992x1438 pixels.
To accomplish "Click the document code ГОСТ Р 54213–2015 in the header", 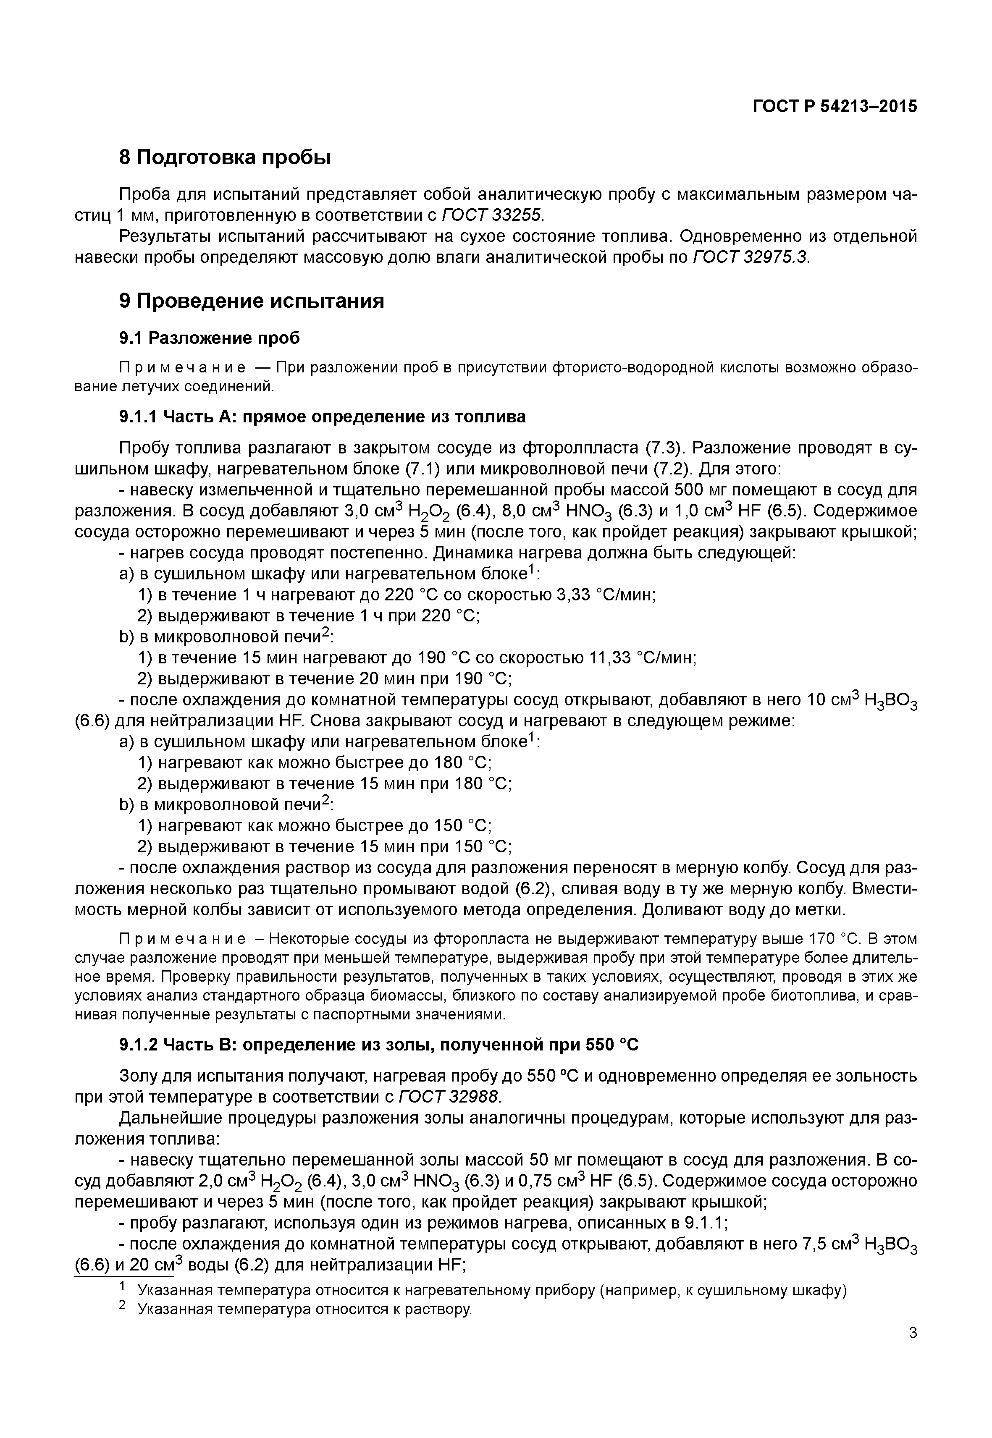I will [835, 106].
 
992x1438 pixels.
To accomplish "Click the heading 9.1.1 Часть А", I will [322, 416].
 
